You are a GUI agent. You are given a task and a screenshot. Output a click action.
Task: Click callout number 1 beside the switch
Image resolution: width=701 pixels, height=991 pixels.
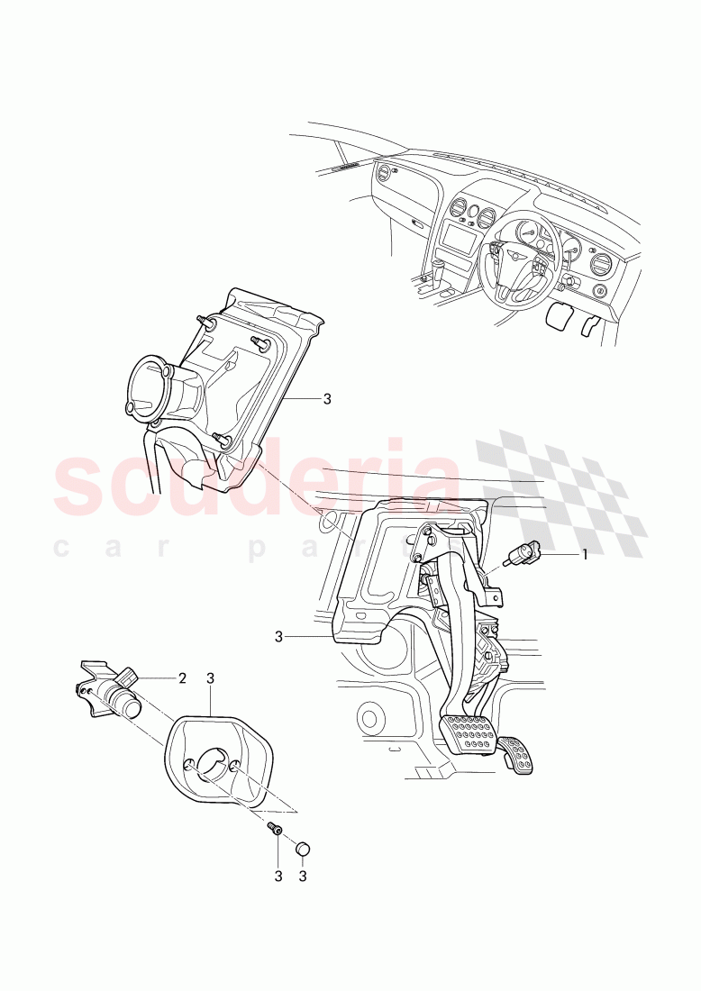pos(585,555)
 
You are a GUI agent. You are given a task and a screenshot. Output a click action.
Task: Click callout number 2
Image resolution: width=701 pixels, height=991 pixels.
pos(182,678)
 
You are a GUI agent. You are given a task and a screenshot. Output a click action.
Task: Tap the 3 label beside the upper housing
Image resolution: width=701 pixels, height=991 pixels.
pos(326,399)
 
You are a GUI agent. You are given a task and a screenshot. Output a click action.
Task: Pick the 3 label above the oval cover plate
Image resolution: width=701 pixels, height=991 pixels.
pos(211,678)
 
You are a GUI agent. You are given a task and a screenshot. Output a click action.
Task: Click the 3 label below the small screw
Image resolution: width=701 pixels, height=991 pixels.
pos(278,877)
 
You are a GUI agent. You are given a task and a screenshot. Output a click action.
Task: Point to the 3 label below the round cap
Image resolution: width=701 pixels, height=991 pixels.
pos(303,877)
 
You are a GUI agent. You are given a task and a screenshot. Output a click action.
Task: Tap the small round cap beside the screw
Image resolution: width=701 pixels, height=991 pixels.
pos(304,847)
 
